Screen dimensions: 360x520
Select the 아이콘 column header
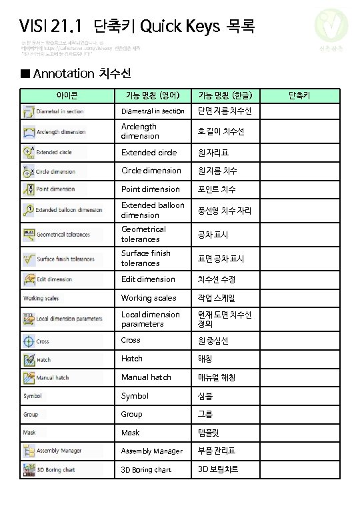pyautogui.click(x=67, y=96)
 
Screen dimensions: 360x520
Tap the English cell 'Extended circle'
pyautogui.click(x=149, y=152)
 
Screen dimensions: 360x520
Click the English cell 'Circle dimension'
pyautogui.click(x=151, y=171)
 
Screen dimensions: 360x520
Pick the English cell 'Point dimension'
pyautogui.click(x=151, y=189)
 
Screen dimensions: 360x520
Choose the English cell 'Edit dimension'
pyautogui.click(x=148, y=279)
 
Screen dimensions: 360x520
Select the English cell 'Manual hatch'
pyautogui.click(x=146, y=377)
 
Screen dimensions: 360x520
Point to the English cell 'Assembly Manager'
pyautogui.click(x=151, y=451)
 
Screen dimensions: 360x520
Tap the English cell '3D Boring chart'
pyautogui.click(x=146, y=470)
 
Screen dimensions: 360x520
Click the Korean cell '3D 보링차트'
pyautogui.click(x=218, y=470)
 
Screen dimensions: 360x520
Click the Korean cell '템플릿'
pyautogui.click(x=209, y=433)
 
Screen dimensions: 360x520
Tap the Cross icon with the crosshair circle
pyautogui.click(x=28, y=341)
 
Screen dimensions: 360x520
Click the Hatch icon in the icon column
pyautogui.click(x=29, y=359)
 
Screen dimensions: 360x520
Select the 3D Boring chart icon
pyautogui.click(x=29, y=470)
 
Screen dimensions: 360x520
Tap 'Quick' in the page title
pyautogui.click(x=159, y=27)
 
